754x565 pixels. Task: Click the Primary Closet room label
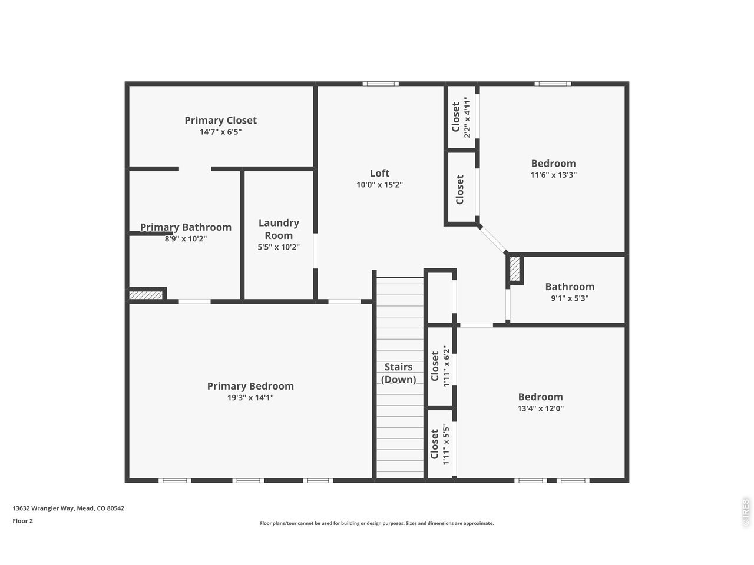(220, 121)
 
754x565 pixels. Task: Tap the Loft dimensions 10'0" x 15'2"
(379, 185)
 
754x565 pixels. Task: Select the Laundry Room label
(279, 229)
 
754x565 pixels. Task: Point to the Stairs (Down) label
(398, 373)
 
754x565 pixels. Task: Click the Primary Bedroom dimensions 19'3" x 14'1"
(250, 398)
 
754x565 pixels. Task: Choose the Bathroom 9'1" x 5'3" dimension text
(570, 298)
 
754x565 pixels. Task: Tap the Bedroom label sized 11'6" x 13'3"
(553, 163)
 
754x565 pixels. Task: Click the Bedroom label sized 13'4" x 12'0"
(541, 397)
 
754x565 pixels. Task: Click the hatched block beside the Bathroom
(515, 270)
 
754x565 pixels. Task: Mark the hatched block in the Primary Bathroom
(145, 295)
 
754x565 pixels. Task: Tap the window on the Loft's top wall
(381, 84)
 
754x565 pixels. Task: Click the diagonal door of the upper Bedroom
(492, 239)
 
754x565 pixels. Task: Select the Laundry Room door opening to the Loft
(315, 251)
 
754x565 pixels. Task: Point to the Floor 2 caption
(22, 521)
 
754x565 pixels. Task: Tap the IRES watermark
(745, 513)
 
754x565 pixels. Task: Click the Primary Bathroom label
(186, 227)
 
